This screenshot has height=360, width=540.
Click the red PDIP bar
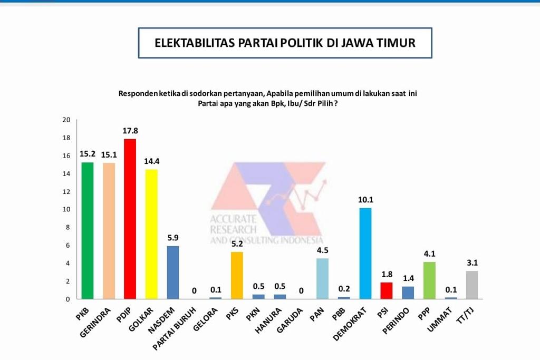pos(130,219)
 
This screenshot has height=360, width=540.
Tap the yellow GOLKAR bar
pos(151,234)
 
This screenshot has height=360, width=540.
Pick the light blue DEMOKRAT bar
pos(365,253)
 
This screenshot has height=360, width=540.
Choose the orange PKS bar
pos(237,275)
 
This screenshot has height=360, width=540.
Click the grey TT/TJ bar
pos(472,285)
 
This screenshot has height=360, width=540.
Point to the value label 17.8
pos(130,130)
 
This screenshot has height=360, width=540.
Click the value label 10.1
pos(365,200)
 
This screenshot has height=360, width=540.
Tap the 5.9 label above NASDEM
pos(173,238)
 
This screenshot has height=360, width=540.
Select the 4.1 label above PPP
pos(429,254)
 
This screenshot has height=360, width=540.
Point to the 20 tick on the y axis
pos(66,120)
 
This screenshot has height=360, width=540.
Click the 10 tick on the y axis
pos(66,209)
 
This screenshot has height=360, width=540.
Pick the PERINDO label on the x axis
pos(396,320)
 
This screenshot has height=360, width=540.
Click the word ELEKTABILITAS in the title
pos(195,43)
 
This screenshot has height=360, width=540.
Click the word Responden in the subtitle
pos(138,93)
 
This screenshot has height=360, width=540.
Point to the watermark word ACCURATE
pos(233,219)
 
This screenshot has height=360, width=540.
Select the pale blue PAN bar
pos(322,278)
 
